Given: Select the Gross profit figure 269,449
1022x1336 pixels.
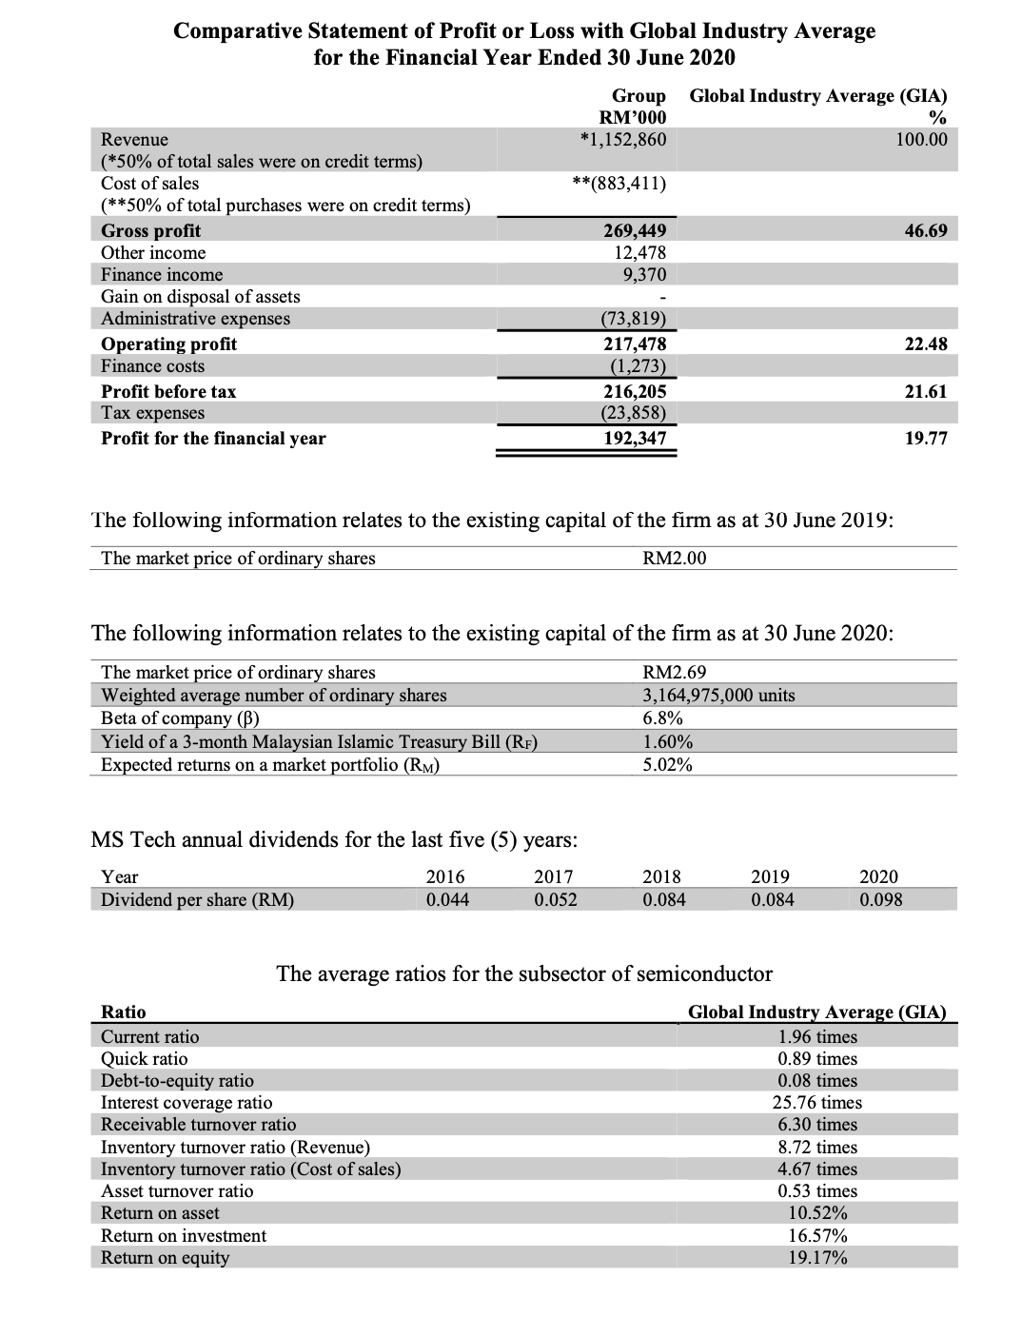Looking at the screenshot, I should click(x=636, y=230).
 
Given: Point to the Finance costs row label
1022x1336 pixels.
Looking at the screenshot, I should click(x=152, y=366).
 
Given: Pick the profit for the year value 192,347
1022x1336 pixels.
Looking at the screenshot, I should click(x=636, y=439).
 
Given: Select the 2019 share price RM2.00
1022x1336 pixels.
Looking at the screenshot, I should click(x=675, y=558).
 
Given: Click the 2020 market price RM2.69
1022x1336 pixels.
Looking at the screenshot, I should click(x=675, y=672).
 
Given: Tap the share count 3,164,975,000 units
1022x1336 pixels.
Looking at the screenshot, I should click(x=719, y=695).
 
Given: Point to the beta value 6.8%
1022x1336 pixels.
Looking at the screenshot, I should click(x=662, y=717).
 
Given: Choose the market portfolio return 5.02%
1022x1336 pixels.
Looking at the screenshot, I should click(x=667, y=764).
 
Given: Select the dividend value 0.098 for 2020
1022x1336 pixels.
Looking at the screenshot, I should click(x=880, y=899).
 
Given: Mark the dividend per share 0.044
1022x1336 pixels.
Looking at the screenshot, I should click(x=446, y=899).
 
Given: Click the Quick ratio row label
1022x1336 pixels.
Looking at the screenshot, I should click(x=145, y=1058).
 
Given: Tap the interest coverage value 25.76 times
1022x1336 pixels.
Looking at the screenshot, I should click(x=816, y=1102).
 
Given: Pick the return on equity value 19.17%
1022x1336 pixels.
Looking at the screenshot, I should click(x=817, y=1257).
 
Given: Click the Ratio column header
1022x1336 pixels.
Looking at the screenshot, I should click(x=124, y=1012).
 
